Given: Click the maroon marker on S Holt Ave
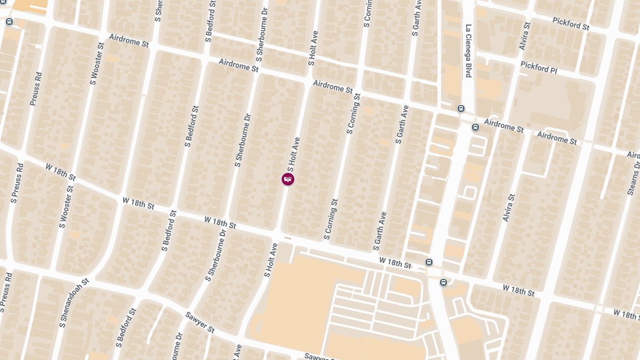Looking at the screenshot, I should click(x=288, y=179).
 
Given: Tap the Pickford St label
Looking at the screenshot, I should click(x=571, y=23).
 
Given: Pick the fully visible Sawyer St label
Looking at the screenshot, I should click(x=199, y=322).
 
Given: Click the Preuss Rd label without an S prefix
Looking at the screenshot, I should click(x=36, y=89).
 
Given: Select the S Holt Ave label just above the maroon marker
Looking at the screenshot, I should click(x=294, y=151).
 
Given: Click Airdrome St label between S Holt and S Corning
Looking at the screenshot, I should click(x=333, y=86).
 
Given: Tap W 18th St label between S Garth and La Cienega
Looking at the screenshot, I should click(x=395, y=262).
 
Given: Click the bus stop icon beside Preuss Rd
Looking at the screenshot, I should click(x=9, y=22).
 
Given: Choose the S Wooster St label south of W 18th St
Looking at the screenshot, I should click(x=67, y=207).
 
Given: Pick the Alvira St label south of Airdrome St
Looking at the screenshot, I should click(x=509, y=208).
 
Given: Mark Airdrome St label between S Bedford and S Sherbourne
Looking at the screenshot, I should click(x=238, y=66).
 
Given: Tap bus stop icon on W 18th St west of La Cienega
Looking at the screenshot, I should click(x=428, y=262).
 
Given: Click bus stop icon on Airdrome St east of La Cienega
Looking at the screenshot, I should click(x=475, y=127).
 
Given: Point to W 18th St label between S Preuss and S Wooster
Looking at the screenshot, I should click(x=61, y=172).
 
